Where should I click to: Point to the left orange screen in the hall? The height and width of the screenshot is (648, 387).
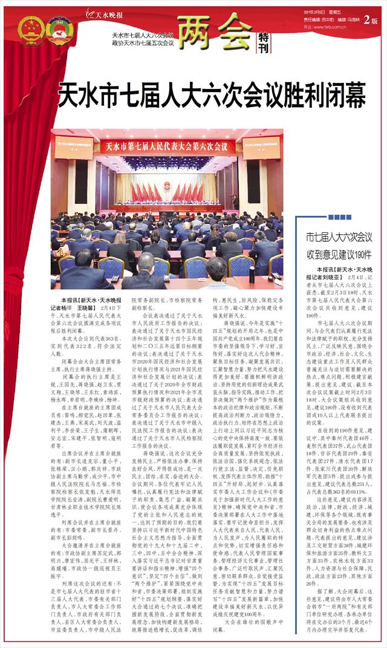(x=80, y=147)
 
